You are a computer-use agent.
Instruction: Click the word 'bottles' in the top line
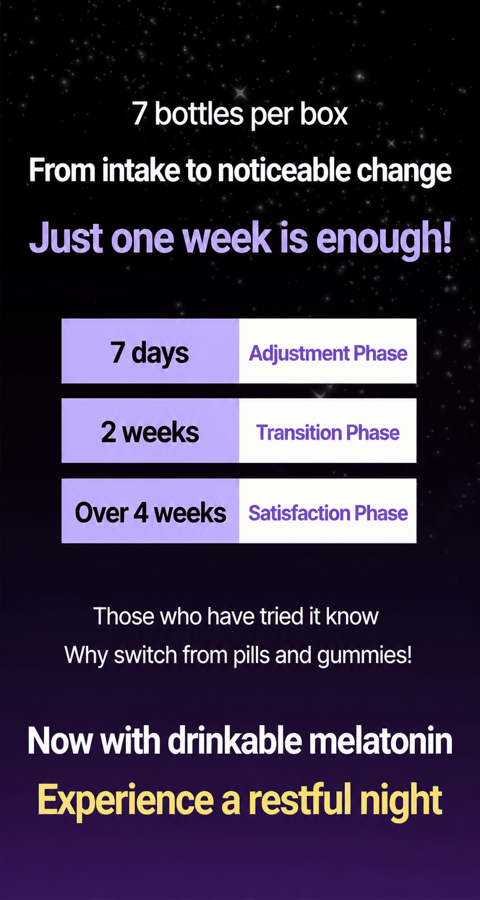[199, 114]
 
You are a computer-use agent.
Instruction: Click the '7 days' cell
[150, 351]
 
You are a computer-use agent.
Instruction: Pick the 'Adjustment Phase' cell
[328, 351]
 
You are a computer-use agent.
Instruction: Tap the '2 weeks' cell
[150, 431]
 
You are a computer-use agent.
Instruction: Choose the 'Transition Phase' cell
[328, 431]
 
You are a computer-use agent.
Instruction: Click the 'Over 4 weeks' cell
[150, 511]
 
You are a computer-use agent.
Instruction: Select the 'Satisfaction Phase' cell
[328, 511]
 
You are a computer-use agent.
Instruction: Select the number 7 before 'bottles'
[140, 114]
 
